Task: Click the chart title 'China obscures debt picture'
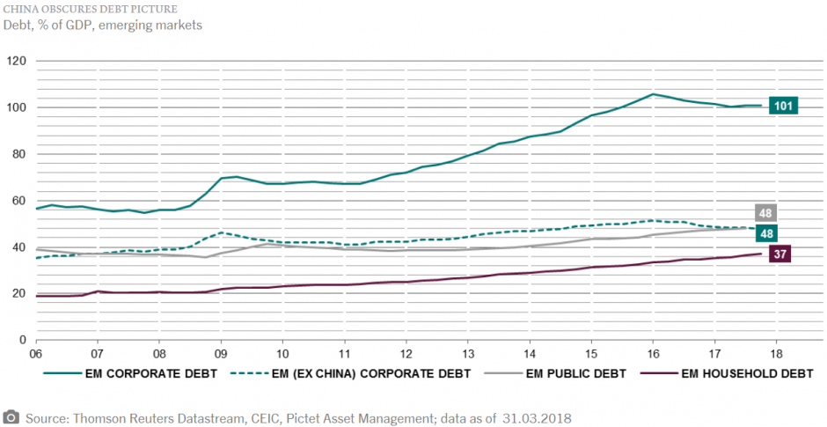[x=83, y=9]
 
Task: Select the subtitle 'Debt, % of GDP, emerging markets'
[x=103, y=25]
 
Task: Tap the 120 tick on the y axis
[x=17, y=62]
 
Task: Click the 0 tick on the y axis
[x=23, y=340]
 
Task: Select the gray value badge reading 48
[x=765, y=213]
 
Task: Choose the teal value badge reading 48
[x=765, y=234]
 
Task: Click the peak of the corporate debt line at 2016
[x=653, y=93]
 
